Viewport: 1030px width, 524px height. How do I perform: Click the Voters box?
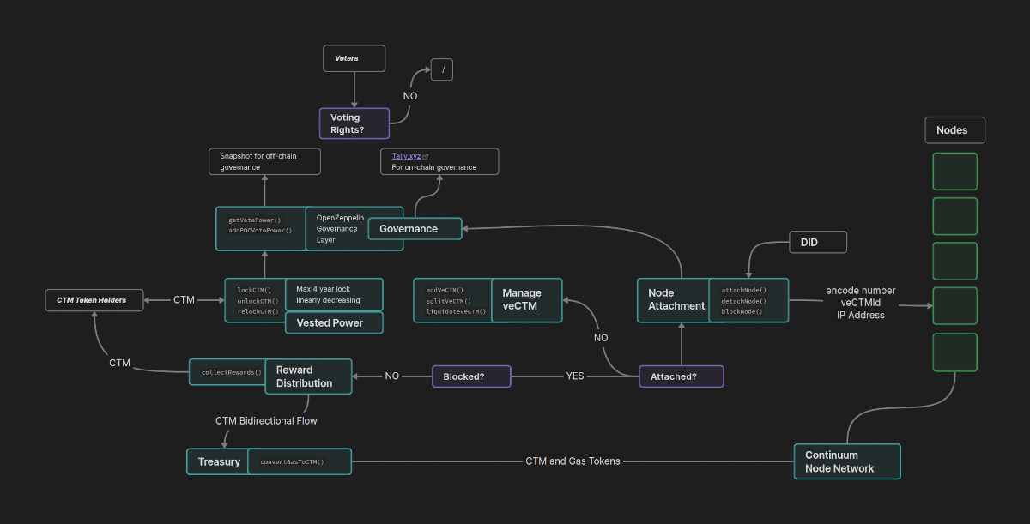(x=354, y=58)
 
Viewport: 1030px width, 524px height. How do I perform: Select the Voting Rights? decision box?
(x=354, y=123)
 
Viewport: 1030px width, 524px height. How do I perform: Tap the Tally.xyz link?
(x=406, y=156)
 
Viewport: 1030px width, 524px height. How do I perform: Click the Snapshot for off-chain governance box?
(x=264, y=161)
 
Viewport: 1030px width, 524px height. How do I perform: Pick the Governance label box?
(x=415, y=229)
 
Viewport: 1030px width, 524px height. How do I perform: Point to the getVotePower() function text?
(x=255, y=220)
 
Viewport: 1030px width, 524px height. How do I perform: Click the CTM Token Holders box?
(x=94, y=300)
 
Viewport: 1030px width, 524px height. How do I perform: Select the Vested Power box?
(x=334, y=322)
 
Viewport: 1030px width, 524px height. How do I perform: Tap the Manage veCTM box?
(x=527, y=300)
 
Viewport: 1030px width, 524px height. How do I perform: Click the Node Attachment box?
(x=673, y=300)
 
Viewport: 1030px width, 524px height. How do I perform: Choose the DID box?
(x=818, y=242)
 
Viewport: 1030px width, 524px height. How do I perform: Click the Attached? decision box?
(x=682, y=376)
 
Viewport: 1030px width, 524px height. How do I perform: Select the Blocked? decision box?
(x=471, y=376)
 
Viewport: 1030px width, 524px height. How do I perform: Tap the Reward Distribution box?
(x=308, y=376)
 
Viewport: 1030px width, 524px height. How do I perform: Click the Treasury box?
(x=218, y=461)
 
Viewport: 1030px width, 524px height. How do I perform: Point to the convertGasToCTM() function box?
(x=300, y=461)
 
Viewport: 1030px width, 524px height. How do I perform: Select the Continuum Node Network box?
(x=847, y=461)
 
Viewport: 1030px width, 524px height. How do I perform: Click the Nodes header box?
(x=955, y=130)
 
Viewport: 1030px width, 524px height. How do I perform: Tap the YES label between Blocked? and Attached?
(x=575, y=376)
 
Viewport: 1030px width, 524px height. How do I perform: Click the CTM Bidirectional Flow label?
(x=266, y=421)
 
